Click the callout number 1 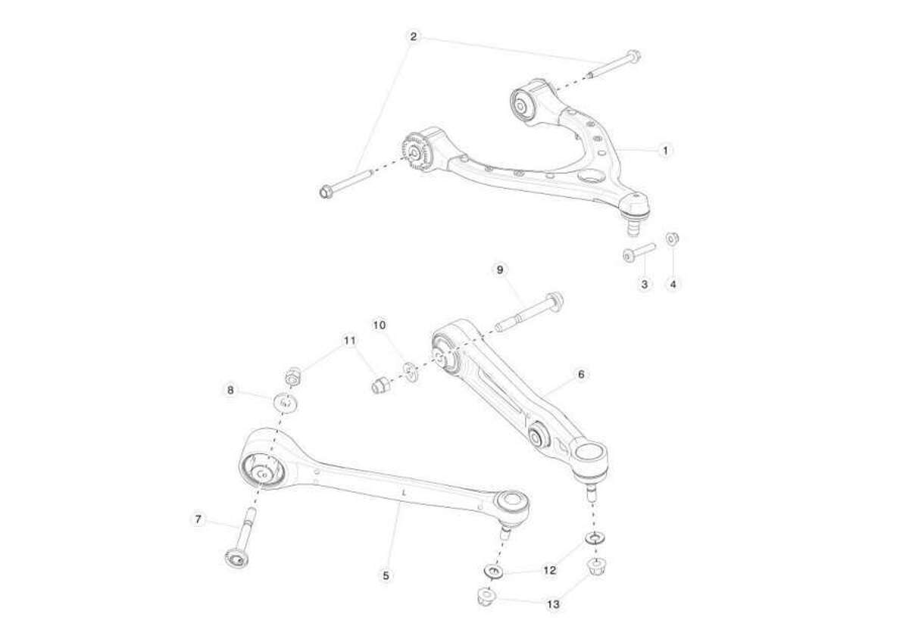coord(665,151)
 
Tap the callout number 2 coord(413,37)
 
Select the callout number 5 coord(386,575)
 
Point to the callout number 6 coord(581,374)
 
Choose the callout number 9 coord(500,270)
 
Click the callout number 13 coord(553,604)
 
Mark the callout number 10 coord(380,326)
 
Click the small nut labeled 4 coord(673,238)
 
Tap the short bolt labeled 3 coord(639,253)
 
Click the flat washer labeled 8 coord(286,402)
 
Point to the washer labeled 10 coord(411,372)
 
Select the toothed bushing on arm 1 coord(416,151)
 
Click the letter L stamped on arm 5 coord(404,494)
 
